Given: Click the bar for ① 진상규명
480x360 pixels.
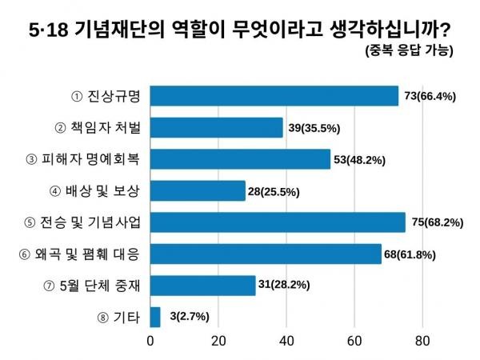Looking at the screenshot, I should tap(274, 96).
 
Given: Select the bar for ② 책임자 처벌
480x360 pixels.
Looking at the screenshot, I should tap(217, 127).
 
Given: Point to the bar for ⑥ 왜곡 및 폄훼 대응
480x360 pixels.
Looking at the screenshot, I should tap(266, 254).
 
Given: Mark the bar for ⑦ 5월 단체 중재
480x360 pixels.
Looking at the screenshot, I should tap(203, 286).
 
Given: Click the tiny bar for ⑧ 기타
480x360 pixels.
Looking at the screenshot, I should tap(156, 317).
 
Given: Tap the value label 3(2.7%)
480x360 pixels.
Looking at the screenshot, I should tap(186, 318).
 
